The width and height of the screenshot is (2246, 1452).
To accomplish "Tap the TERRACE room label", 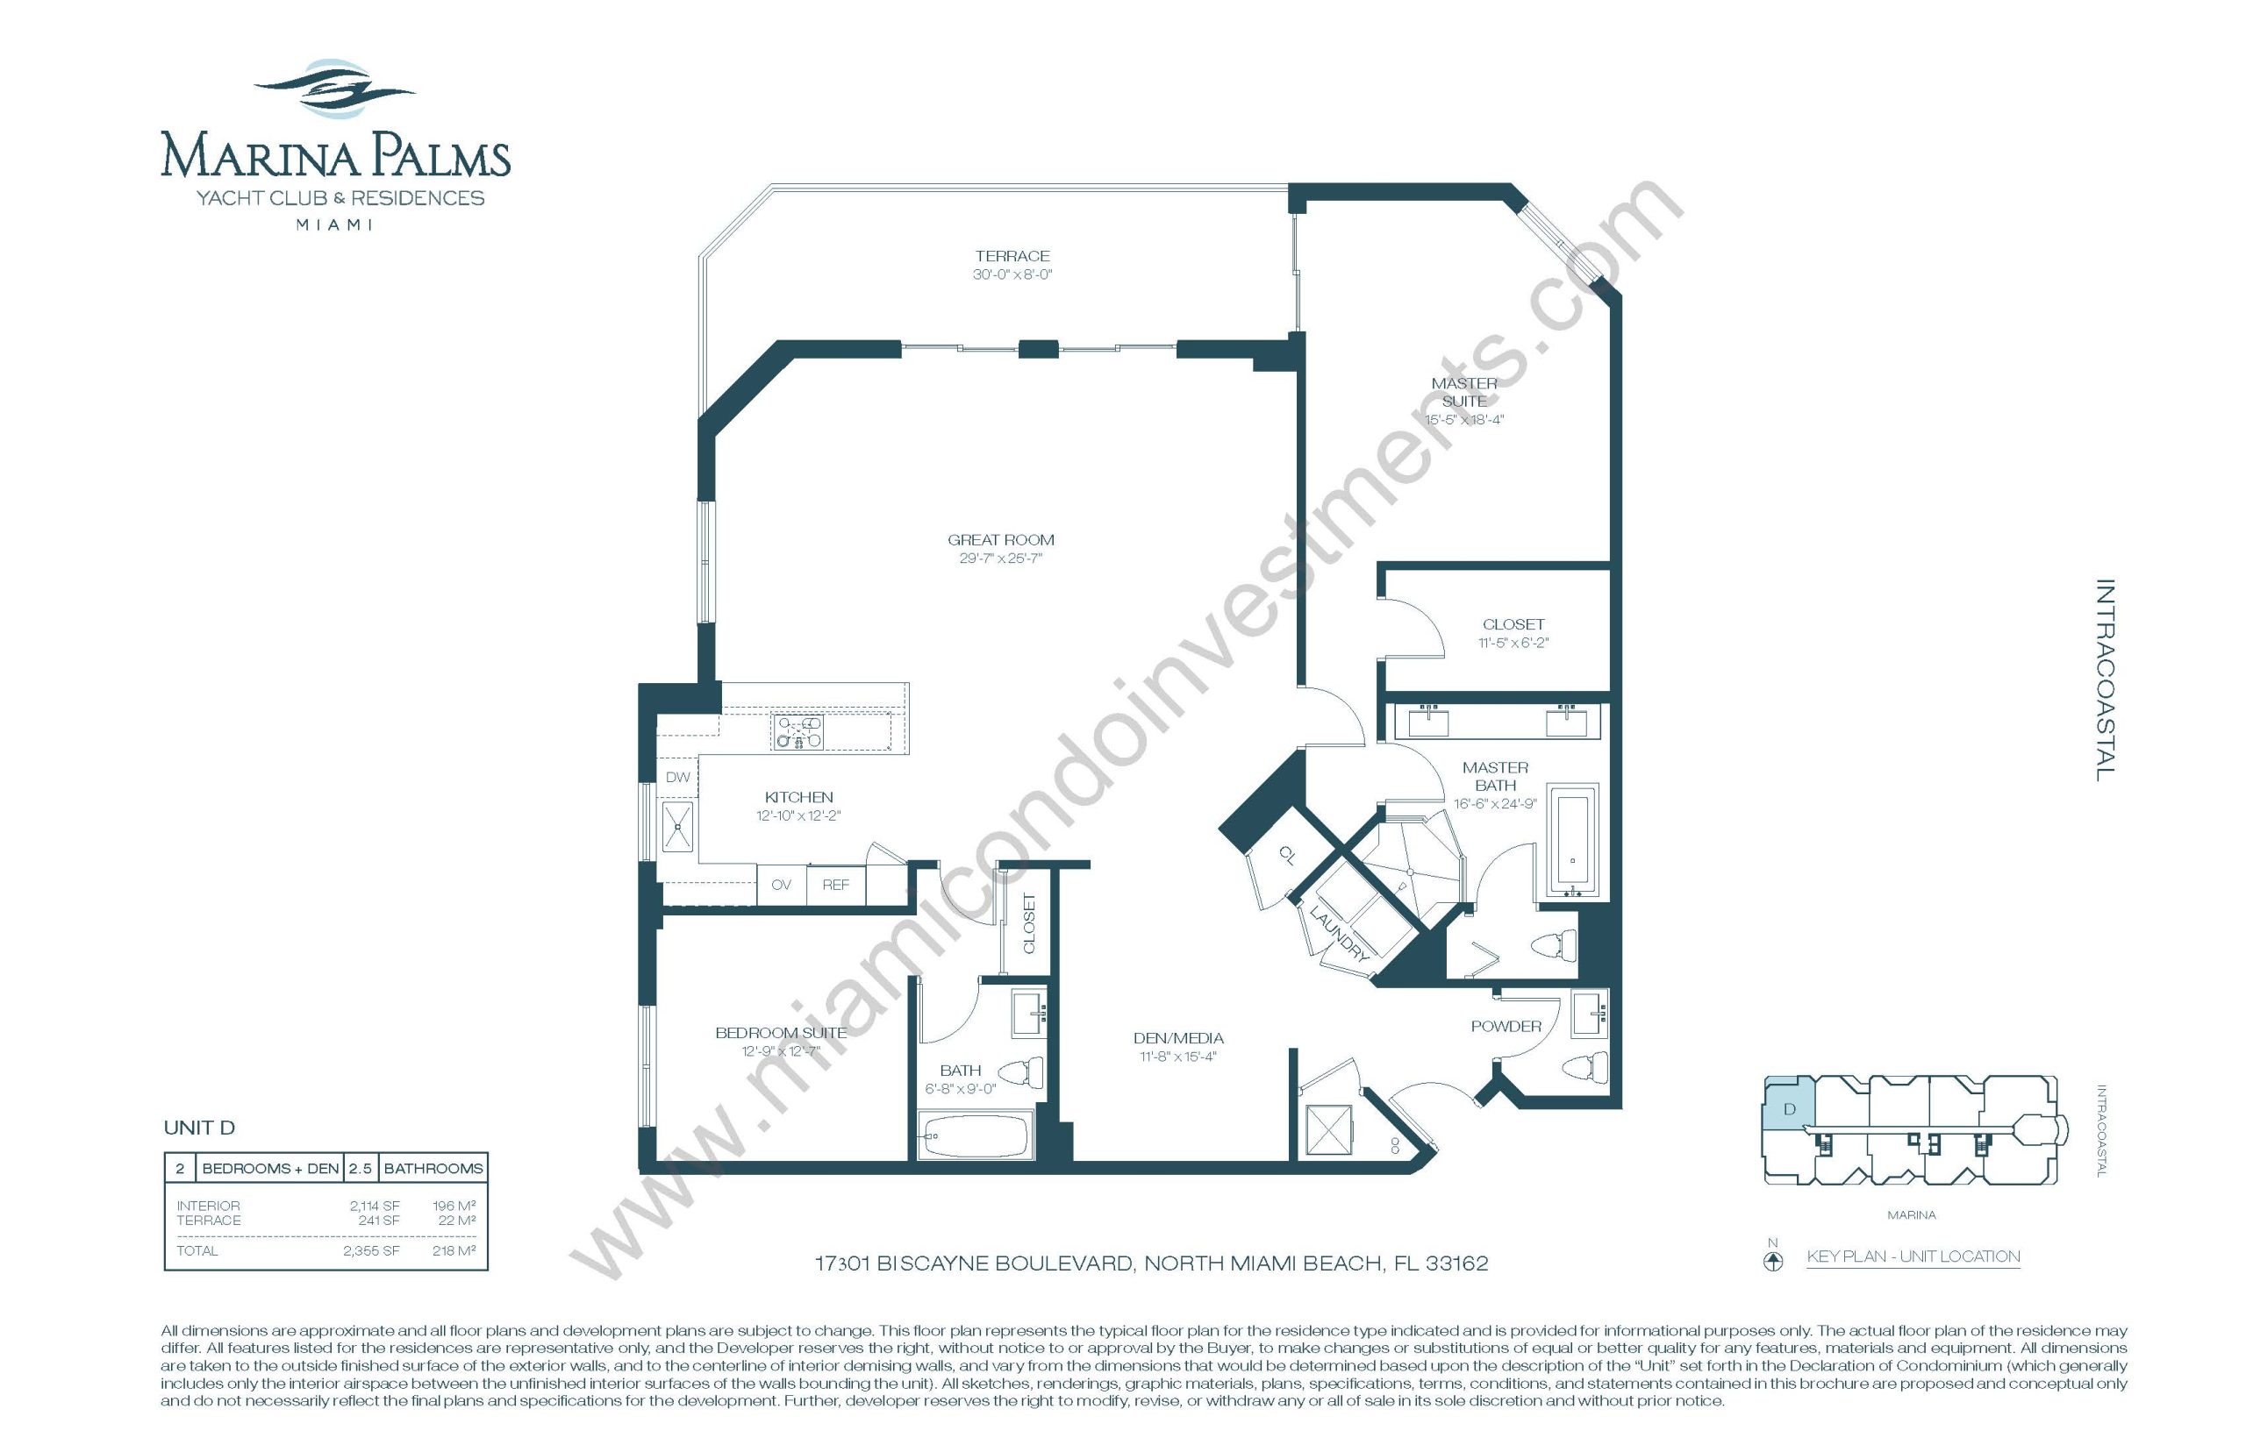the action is coord(1012,255).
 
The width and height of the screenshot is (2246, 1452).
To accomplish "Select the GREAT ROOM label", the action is coord(1001,539).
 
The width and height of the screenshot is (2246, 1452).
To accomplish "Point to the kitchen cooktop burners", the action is coord(798,731).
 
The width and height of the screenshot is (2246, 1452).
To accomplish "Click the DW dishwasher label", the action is coord(677,777).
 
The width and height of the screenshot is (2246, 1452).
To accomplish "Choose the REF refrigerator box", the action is coord(836,885).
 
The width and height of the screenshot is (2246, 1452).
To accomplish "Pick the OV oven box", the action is coord(781,885).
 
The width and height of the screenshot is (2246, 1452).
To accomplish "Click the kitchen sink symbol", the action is coord(677,826).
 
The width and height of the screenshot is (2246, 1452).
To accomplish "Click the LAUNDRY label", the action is coord(1339,932).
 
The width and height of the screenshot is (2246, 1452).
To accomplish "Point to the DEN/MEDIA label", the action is coord(1178,1038).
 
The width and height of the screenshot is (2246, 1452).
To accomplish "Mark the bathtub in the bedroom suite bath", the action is coord(974,1135).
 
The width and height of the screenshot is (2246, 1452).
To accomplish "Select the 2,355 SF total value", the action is coord(372,1250).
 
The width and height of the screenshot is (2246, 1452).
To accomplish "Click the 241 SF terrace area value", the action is coord(379,1220).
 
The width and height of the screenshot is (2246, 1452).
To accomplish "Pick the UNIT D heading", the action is coord(199,1128).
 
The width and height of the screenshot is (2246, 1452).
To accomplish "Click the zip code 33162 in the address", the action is coord(1456,1263).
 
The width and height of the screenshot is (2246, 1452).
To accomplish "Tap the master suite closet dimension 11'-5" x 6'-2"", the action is coord(1513,643).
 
